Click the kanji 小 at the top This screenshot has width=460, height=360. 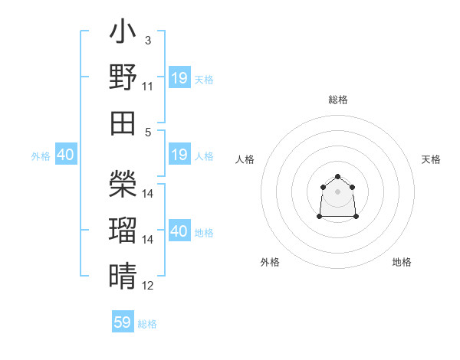point(123,33)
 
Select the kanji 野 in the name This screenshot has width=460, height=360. point(123,77)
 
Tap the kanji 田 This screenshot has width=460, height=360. point(123,123)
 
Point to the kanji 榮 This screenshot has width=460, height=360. point(123,183)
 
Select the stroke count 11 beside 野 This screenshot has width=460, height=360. point(148,86)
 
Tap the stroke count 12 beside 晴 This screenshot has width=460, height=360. point(148,286)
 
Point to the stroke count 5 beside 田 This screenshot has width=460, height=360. point(147,132)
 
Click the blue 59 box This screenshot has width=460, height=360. point(123,322)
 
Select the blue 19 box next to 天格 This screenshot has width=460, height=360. point(179,78)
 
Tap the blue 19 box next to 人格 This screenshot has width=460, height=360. point(179,155)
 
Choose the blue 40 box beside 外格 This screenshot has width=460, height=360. point(65,155)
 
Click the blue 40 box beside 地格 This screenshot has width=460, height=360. point(179,231)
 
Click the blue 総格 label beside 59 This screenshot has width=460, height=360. point(147,324)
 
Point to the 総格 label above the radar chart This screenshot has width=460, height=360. point(337,100)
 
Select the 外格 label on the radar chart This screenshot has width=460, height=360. point(270,262)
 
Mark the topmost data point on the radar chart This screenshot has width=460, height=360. point(337,177)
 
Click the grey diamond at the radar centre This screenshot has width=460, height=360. point(337,191)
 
